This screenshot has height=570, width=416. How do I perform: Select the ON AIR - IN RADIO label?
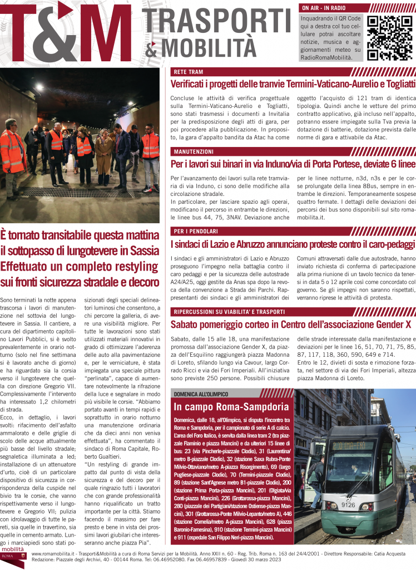coord(323,8)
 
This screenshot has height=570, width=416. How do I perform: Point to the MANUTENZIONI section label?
coord(194,151)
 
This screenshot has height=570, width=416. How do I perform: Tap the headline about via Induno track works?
coord(293,164)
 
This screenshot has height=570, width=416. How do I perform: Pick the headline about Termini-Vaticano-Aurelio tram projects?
coord(293,84)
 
